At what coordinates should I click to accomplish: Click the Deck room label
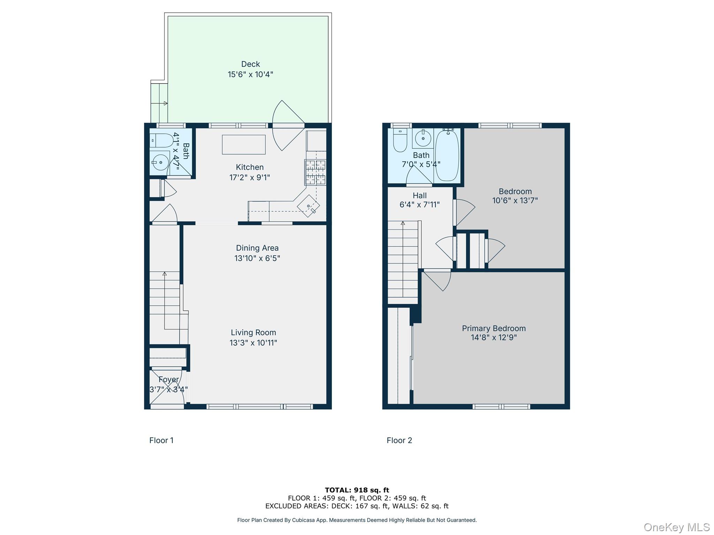tap(250, 64)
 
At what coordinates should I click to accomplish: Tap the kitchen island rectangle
tap(244, 145)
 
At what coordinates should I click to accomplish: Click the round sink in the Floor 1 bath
tap(160, 162)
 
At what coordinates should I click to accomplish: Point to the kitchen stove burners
tap(315, 172)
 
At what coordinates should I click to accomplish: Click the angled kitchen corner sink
tap(308, 206)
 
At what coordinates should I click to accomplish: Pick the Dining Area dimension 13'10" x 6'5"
tap(257, 258)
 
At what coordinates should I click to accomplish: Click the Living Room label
tap(253, 333)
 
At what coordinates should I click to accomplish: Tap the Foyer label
tap(168, 379)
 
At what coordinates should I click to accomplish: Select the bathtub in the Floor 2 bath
tap(447, 155)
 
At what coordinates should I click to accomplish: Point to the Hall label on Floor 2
tap(419, 195)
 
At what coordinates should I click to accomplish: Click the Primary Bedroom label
tap(494, 328)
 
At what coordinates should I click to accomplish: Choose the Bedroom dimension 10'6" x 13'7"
tap(515, 201)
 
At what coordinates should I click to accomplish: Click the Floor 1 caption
tap(161, 440)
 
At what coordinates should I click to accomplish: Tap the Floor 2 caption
tap(399, 440)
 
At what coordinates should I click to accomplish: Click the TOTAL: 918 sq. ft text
tap(357, 490)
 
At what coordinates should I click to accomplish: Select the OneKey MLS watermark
tap(676, 527)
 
